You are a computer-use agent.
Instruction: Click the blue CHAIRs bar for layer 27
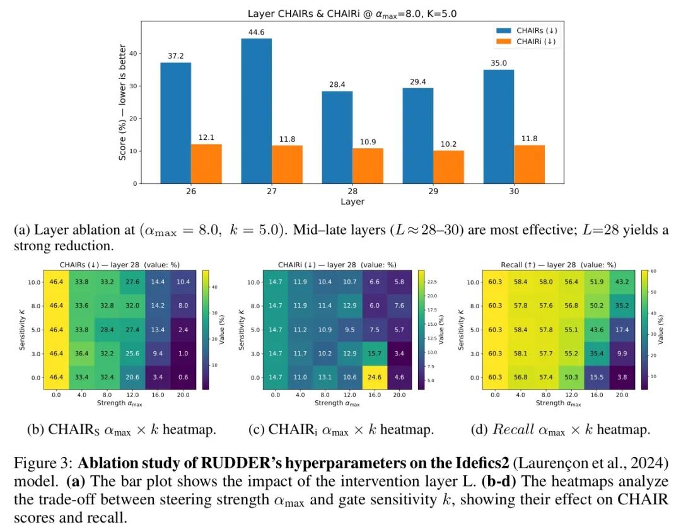pos(256,111)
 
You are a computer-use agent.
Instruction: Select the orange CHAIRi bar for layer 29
pos(448,167)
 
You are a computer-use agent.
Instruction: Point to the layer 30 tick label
pos(514,191)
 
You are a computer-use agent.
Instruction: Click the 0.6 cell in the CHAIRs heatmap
pos(183,378)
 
